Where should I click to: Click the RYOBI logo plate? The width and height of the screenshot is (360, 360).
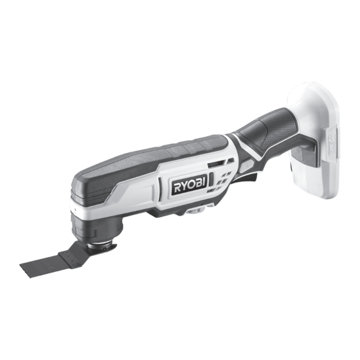click(x=190, y=184)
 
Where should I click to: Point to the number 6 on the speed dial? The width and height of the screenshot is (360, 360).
click(x=199, y=210)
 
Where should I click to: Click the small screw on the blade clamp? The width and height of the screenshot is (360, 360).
click(x=104, y=249)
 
